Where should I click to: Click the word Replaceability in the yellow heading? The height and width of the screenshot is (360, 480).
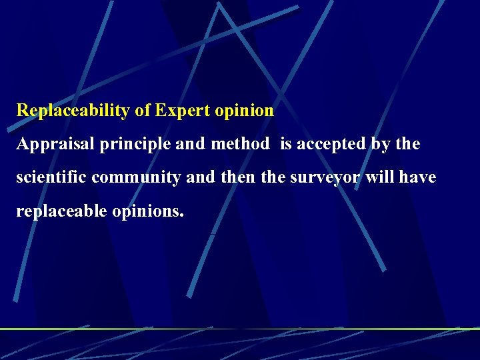pos(73,111)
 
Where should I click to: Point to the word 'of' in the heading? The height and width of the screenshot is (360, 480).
pos(142,111)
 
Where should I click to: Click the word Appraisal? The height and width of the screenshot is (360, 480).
pos(55,144)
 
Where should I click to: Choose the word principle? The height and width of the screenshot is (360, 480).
pos(136,144)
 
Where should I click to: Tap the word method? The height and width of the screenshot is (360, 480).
pos(239,144)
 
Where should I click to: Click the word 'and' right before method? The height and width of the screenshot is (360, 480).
pos(193,144)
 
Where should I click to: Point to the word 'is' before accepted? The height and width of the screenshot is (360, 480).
pos(286,144)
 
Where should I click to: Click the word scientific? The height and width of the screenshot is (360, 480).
pos(51,177)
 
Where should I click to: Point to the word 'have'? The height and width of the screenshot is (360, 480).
pos(419,177)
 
